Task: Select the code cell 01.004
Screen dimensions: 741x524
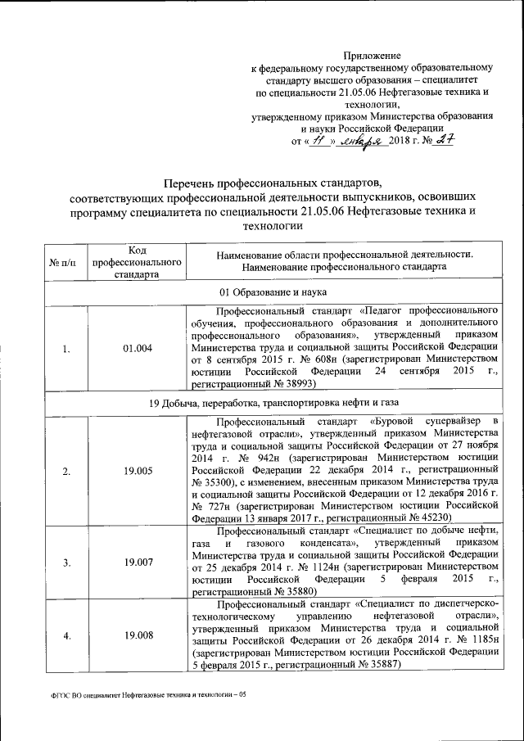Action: tap(137, 348)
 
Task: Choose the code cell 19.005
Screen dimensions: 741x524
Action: tap(137, 471)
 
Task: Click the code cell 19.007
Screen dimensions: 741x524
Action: tap(137, 563)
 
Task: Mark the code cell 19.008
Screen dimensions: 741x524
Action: tap(137, 636)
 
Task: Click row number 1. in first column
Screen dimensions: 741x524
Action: tap(65, 348)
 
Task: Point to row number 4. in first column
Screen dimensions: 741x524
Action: tap(65, 636)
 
